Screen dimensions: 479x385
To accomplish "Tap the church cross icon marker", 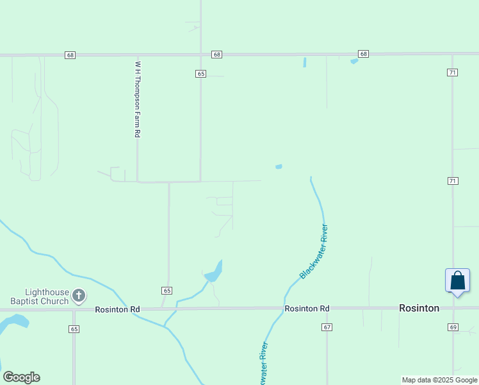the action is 78,296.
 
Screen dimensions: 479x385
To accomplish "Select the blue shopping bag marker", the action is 457,281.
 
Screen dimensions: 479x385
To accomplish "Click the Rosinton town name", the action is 419,308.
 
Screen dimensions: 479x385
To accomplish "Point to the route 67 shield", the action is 327,327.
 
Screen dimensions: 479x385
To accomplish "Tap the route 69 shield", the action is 453,327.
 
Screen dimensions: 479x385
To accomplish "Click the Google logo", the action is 21,377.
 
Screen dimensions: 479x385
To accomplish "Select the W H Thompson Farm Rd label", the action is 137,99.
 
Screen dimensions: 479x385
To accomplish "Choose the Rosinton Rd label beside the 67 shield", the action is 307,309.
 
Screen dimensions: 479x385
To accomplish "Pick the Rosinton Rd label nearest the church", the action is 117,309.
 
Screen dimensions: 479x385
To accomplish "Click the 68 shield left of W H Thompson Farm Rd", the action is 70,55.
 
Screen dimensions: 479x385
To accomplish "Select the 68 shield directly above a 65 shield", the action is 217,55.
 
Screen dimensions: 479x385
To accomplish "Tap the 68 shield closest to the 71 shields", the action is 363,53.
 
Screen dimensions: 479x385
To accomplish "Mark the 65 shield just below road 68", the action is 200,74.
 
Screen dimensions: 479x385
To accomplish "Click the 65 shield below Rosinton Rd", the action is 74,329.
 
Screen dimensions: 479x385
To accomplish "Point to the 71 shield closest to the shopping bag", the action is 453,181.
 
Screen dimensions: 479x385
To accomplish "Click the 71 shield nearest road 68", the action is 452,73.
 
